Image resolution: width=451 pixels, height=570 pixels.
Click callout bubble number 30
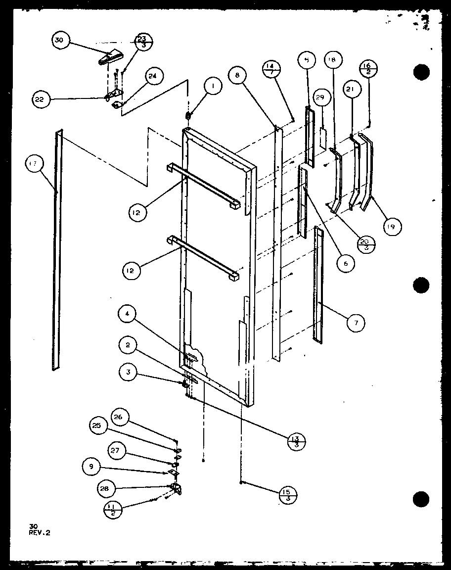[59, 41]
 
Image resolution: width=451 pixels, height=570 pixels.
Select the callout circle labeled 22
[40, 99]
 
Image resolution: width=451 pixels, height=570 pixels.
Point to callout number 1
[213, 88]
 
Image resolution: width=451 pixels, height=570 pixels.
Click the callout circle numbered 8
[237, 76]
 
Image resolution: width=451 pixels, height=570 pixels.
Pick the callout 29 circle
[319, 98]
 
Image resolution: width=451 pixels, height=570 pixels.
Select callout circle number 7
[356, 323]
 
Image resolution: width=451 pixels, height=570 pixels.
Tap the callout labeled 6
[345, 264]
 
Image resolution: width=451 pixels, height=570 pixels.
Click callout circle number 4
[128, 314]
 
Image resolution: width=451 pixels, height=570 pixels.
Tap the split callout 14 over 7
[272, 69]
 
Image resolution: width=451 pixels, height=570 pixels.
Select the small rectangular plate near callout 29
[323, 138]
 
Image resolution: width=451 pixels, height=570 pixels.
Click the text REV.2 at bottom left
[40, 533]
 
